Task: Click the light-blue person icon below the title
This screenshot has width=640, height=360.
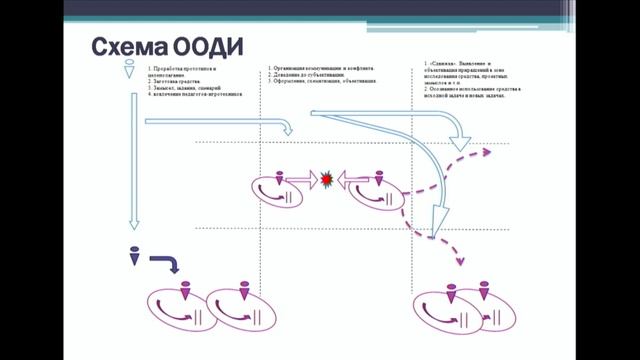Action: [x=129, y=71]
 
